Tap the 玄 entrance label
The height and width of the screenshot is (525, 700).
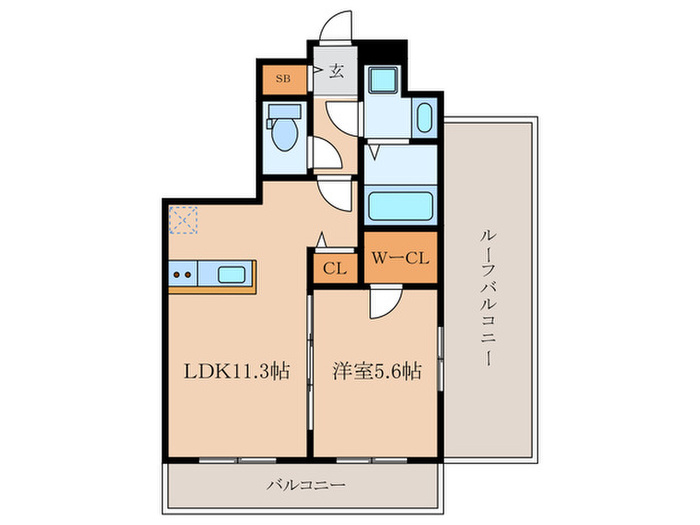tap(338, 71)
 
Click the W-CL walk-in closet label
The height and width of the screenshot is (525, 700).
tap(400, 259)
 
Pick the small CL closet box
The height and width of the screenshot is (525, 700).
tap(335, 268)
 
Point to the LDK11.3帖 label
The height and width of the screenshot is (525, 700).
tap(236, 372)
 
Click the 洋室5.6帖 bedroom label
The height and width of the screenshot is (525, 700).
tap(377, 372)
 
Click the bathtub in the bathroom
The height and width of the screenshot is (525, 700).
tap(400, 209)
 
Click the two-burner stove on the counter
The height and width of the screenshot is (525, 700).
tap(183, 273)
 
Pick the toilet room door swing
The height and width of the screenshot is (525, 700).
tap(325, 153)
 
